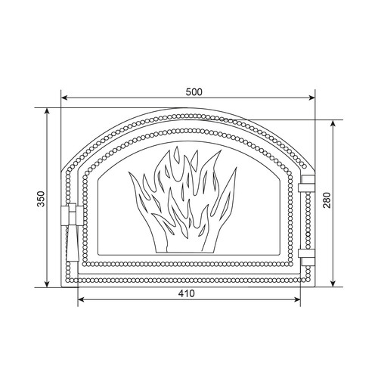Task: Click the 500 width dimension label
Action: point(194,92)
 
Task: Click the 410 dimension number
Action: point(187,293)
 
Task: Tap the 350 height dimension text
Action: point(41,199)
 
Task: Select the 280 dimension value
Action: point(327,200)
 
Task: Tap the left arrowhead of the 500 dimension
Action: point(65,98)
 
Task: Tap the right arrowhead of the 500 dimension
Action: point(311,98)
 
